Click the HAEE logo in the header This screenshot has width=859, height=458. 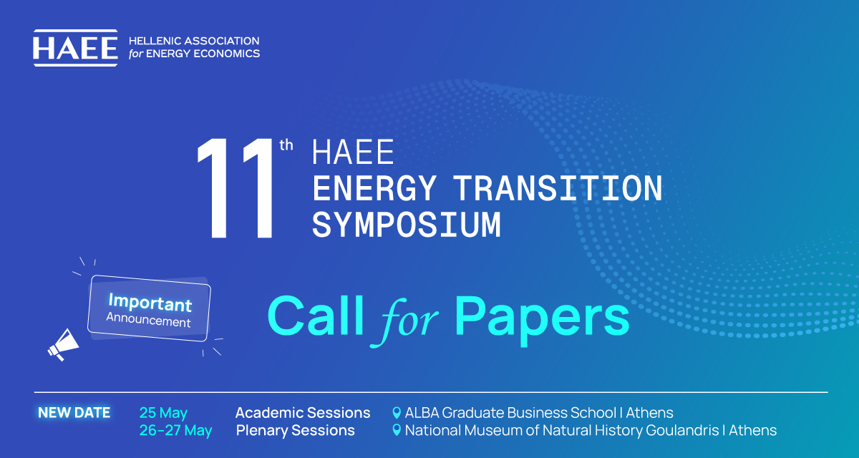pyautogui.click(x=75, y=48)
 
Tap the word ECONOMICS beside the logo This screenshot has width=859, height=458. pyautogui.click(x=227, y=54)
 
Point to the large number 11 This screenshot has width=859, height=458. pyautogui.click(x=235, y=188)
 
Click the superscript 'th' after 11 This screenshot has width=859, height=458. pyautogui.click(x=286, y=145)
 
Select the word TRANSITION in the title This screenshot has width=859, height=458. pyautogui.click(x=558, y=188)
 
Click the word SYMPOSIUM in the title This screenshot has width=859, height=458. pyautogui.click(x=407, y=225)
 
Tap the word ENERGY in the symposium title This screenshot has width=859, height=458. pyautogui.click(x=374, y=188)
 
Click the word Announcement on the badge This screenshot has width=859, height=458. pyautogui.click(x=148, y=320)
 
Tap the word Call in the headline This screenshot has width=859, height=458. pyautogui.click(x=315, y=316)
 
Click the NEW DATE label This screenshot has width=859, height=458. pyautogui.click(x=74, y=413)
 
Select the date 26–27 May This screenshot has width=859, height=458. pyautogui.click(x=175, y=431)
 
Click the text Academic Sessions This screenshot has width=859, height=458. pyautogui.click(x=303, y=413)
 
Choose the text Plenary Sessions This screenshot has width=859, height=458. pyautogui.click(x=295, y=430)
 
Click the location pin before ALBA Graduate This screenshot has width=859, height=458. pyautogui.click(x=397, y=413)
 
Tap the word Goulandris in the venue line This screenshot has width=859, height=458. pyautogui.click(x=682, y=430)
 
